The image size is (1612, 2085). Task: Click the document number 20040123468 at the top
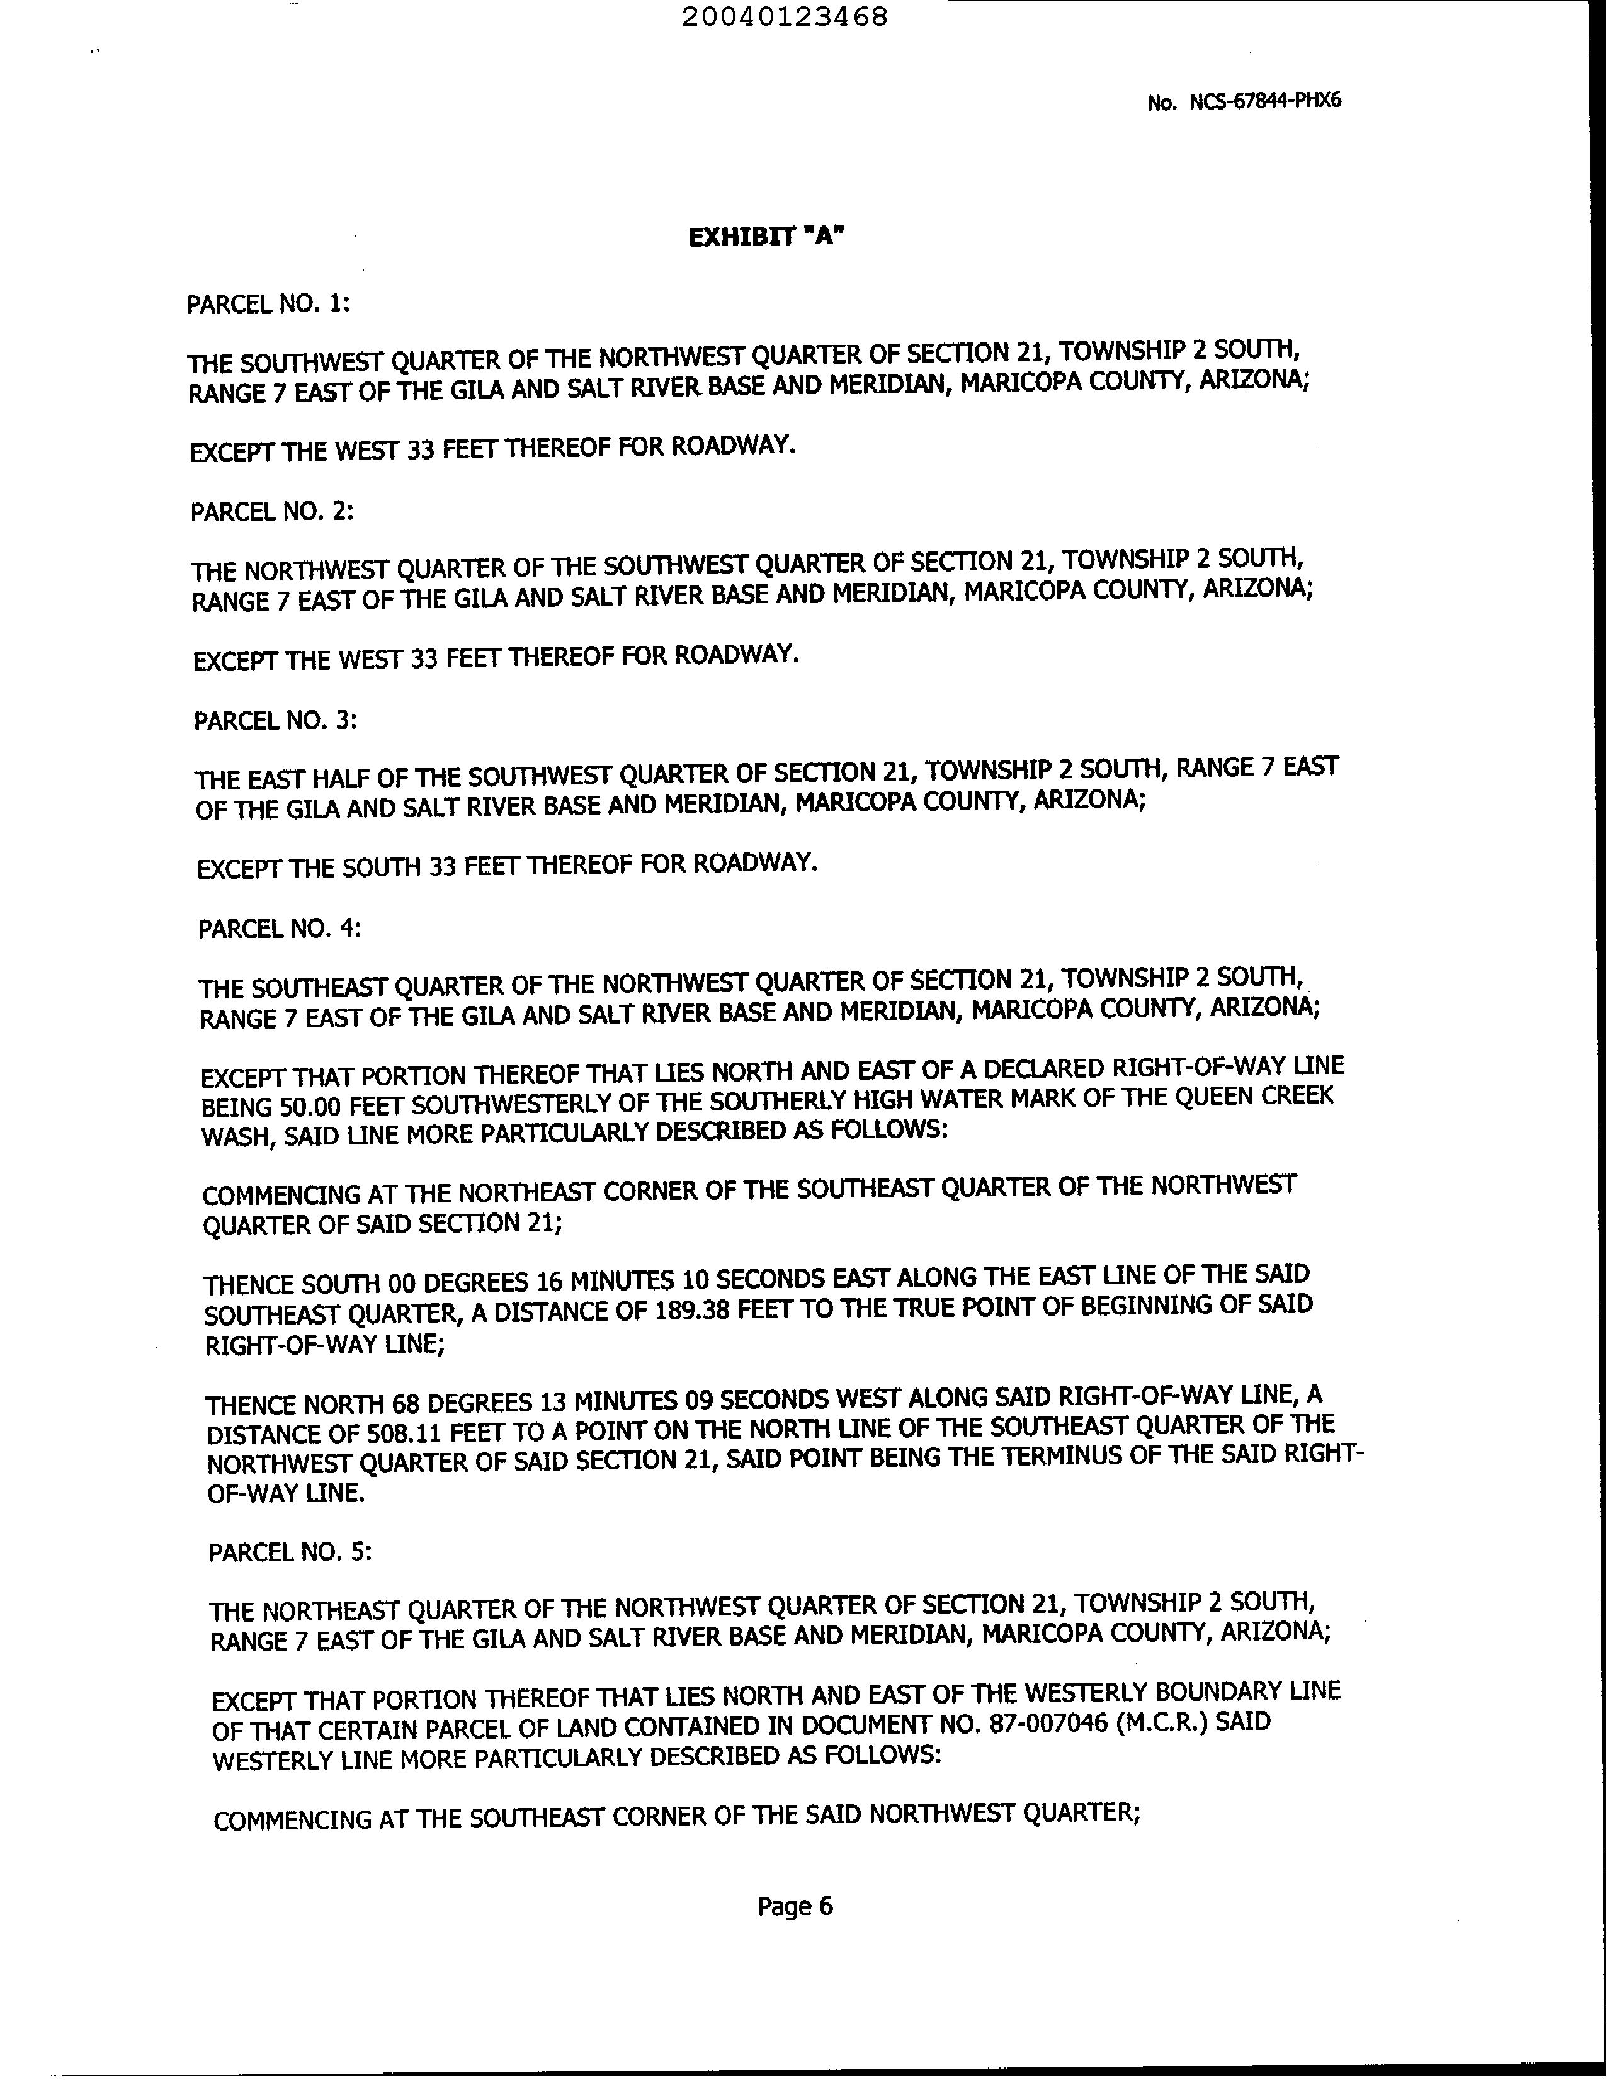(x=785, y=17)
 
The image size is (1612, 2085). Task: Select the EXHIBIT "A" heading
(x=767, y=237)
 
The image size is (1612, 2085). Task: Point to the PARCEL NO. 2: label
(x=272, y=512)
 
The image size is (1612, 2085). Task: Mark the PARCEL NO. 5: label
(x=290, y=1552)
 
